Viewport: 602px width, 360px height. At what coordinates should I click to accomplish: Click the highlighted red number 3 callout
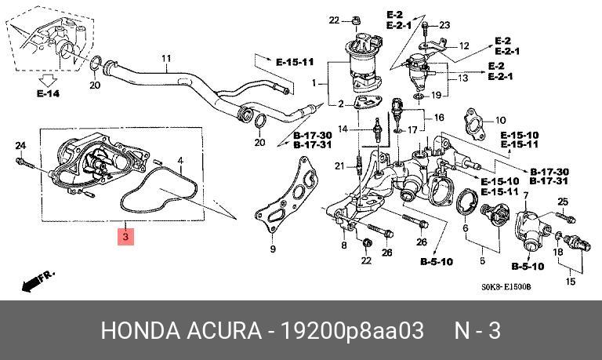(x=125, y=235)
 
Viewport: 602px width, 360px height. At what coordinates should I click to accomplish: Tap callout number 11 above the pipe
(x=165, y=59)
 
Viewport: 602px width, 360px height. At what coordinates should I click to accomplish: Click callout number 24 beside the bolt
(x=20, y=145)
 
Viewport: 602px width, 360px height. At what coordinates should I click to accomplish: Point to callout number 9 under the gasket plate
(x=273, y=249)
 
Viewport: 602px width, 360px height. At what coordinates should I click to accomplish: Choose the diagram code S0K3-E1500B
(x=506, y=287)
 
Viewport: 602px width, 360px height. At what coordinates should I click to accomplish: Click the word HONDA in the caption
(x=138, y=331)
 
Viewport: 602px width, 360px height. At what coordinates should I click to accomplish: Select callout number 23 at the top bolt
(x=444, y=26)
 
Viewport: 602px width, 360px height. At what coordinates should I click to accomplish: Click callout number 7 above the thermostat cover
(x=526, y=195)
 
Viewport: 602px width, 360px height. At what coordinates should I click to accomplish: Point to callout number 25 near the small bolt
(x=561, y=202)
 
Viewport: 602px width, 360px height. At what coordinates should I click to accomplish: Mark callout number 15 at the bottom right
(x=570, y=282)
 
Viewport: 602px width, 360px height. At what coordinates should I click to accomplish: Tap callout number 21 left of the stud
(x=339, y=165)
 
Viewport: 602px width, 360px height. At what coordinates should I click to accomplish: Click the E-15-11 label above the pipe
(x=295, y=61)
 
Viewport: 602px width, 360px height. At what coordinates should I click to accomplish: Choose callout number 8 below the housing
(x=343, y=246)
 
